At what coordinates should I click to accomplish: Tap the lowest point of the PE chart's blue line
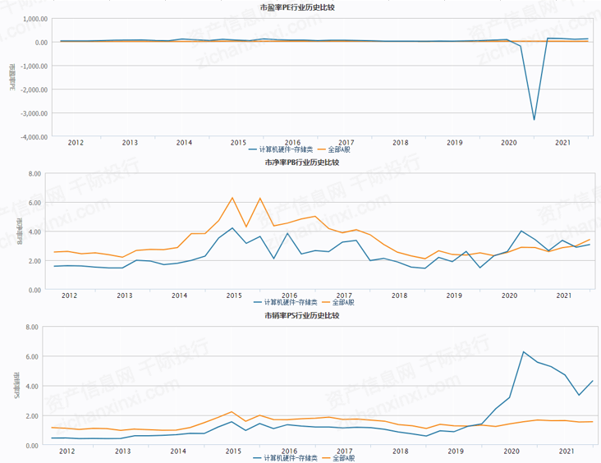click(x=534, y=120)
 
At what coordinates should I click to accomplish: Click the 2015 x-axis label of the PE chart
click(x=238, y=142)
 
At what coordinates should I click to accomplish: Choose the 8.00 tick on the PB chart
click(x=34, y=174)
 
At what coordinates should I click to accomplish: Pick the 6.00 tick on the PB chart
click(x=34, y=203)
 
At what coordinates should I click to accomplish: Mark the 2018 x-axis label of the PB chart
click(x=399, y=296)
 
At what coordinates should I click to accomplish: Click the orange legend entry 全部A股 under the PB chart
click(x=337, y=304)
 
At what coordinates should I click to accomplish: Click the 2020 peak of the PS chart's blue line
click(x=524, y=352)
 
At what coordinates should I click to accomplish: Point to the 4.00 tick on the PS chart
click(x=34, y=386)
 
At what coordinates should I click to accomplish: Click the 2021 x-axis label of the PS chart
click(x=565, y=451)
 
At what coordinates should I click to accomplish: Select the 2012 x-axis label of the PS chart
click(x=69, y=451)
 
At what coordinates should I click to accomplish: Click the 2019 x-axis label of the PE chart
click(x=455, y=142)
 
